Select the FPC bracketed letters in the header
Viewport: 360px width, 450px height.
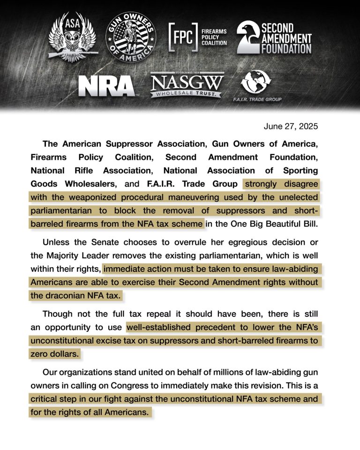tap(183, 37)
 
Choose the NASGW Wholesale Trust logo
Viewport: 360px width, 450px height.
tap(186, 85)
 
